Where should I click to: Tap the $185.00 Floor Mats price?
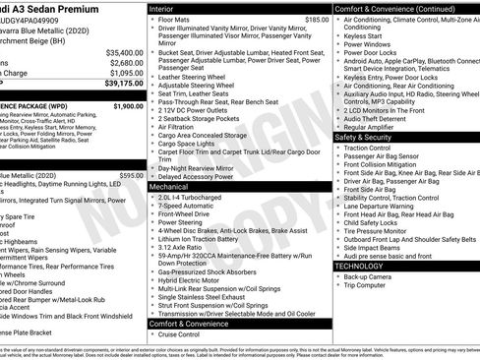point(317,19)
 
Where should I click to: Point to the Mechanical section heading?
point(168,185)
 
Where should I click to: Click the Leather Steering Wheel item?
point(192,76)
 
